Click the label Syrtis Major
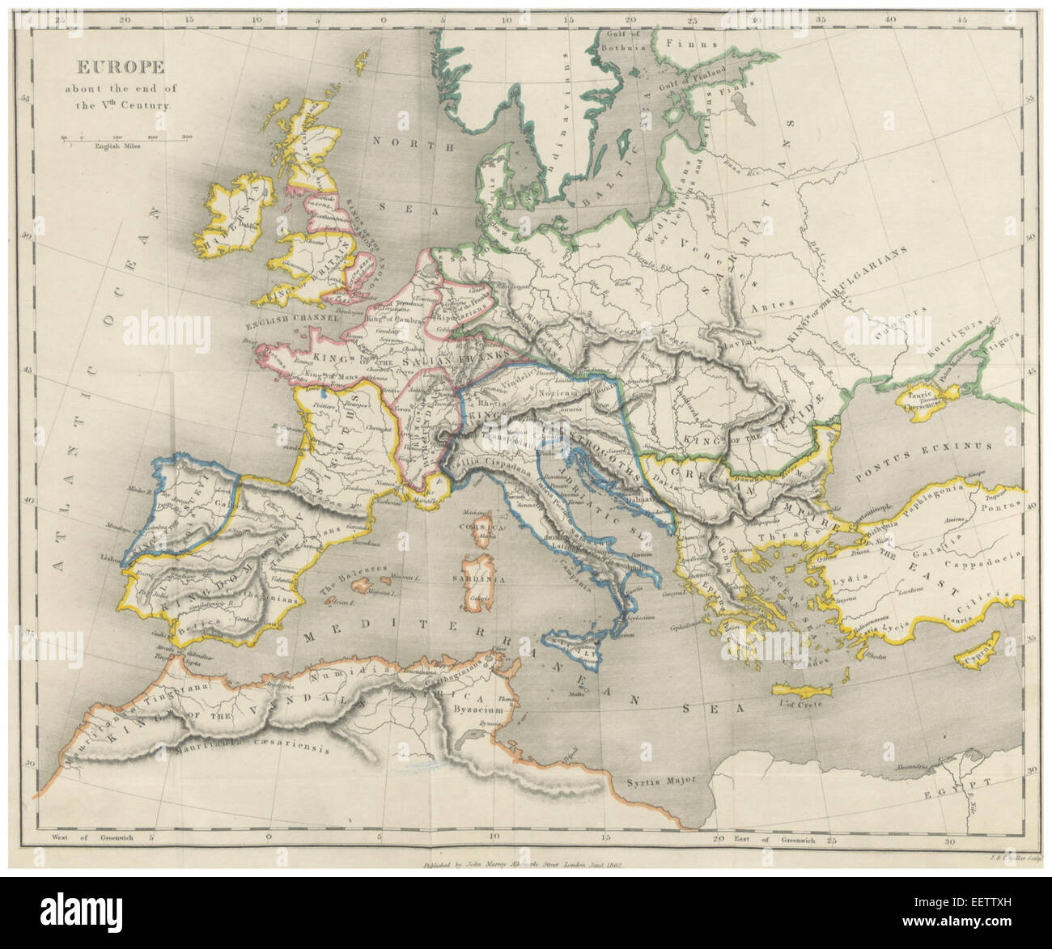point(664,783)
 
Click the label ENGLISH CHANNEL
point(280,330)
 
